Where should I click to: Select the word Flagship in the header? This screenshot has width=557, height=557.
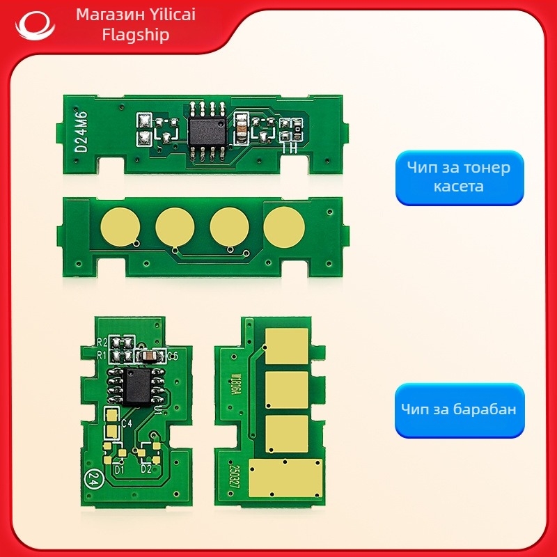coord(136,35)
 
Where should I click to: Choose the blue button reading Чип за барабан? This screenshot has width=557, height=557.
coord(459,409)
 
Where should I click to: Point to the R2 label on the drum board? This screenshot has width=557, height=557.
coord(102,342)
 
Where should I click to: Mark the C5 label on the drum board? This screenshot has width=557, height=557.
coord(173,356)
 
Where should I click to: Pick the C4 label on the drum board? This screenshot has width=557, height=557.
coord(127,423)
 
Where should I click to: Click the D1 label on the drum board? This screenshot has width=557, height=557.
coord(119,469)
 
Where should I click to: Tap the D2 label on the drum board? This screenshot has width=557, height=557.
coord(147,469)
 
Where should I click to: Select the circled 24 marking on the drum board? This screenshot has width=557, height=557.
coord(92,480)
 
